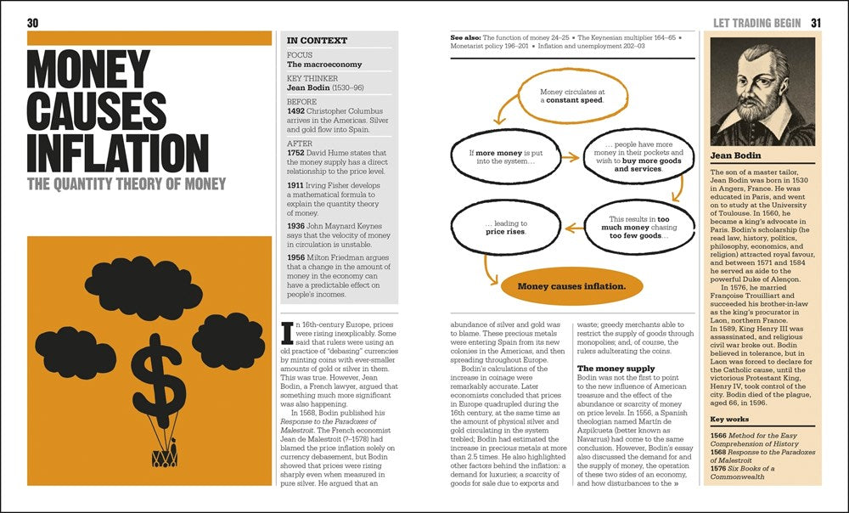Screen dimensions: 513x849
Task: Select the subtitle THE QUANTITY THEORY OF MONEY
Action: pyautogui.click(x=127, y=184)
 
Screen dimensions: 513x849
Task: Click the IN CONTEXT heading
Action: pyautogui.click(x=317, y=40)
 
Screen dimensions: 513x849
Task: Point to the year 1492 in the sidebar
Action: pyautogui.click(x=299, y=110)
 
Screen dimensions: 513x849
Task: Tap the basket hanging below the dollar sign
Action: pyautogui.click(x=163, y=456)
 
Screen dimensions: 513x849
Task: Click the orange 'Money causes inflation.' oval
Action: pyautogui.click(x=571, y=286)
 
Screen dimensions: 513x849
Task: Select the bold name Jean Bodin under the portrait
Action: pyautogui.click(x=736, y=156)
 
